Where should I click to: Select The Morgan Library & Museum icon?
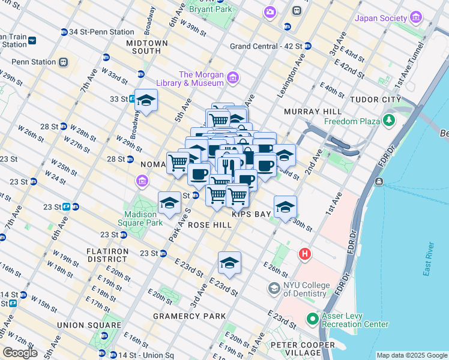point(233,78)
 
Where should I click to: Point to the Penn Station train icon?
point(62,62)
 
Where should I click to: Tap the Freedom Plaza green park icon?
point(390,121)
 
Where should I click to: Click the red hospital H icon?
point(305,254)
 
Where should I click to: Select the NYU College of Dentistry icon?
point(274,289)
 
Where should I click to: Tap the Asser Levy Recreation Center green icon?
point(312,319)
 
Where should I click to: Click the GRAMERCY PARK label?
point(190,316)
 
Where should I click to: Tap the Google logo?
point(20,353)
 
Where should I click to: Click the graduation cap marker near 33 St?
point(146,101)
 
